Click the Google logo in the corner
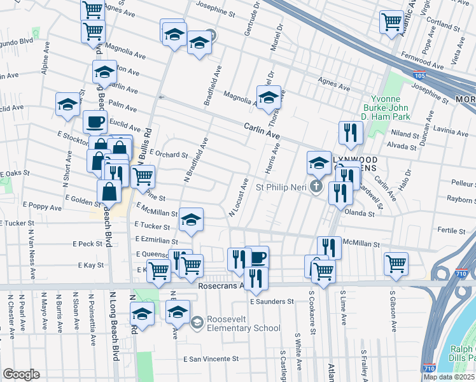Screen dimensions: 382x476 (x=21, y=374)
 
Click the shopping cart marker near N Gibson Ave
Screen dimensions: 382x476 (x=396, y=262)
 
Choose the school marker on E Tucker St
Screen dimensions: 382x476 (x=191, y=219)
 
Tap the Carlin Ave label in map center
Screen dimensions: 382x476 (x=262, y=131)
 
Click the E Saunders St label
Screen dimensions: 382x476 (x=271, y=301)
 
